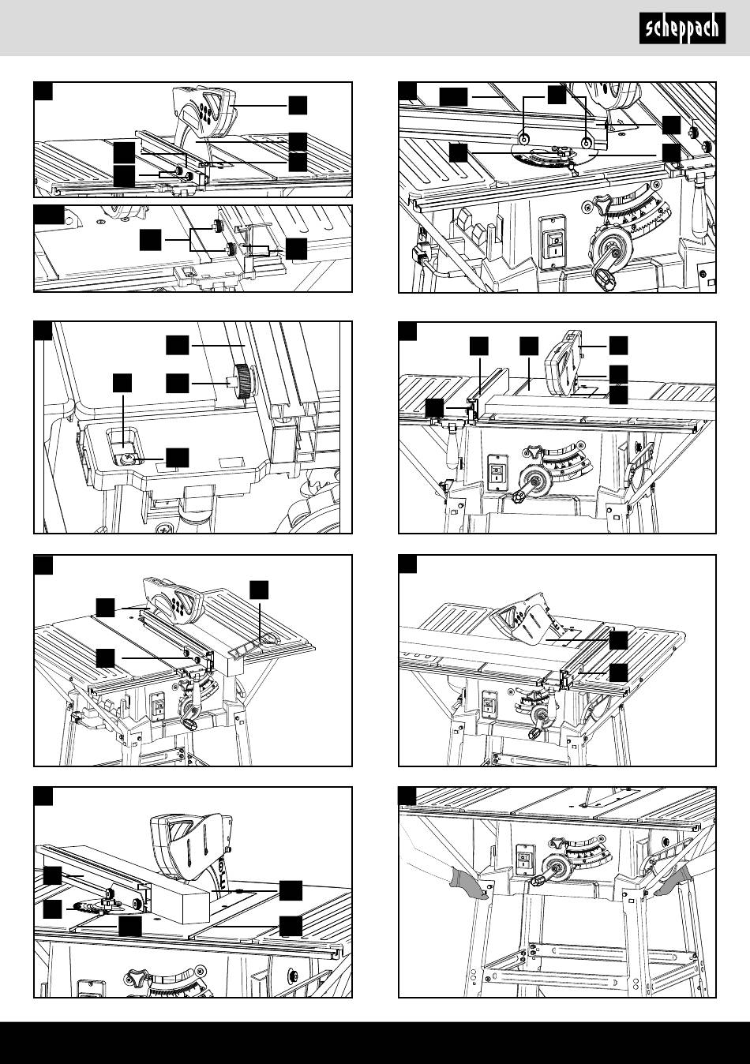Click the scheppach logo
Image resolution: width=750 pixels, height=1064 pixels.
681,30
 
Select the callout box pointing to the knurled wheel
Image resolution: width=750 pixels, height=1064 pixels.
178,384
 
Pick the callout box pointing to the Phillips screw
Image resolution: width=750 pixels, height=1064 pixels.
178,456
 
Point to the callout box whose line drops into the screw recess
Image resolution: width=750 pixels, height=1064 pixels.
122,384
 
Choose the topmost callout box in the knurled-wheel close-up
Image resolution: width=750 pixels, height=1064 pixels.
178,344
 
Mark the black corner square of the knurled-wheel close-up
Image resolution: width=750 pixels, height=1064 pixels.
43,330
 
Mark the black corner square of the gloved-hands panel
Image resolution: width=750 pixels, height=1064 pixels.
407,796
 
